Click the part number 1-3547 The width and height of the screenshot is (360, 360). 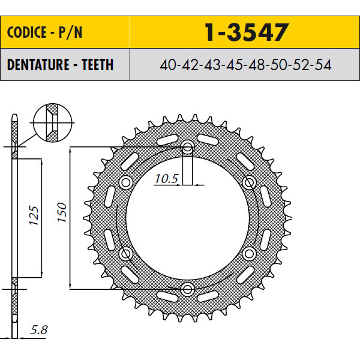pos(247,32)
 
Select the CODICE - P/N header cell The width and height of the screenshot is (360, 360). pos(65,32)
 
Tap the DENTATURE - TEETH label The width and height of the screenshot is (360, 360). pos(60,65)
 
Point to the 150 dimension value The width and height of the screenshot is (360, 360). pos(62,212)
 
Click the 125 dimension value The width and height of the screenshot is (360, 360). pos(34,215)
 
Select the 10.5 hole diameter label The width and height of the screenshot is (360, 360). pos(166,179)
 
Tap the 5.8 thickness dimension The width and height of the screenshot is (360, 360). pos(39,330)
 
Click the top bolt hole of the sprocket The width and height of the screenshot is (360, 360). pos(188,148)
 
